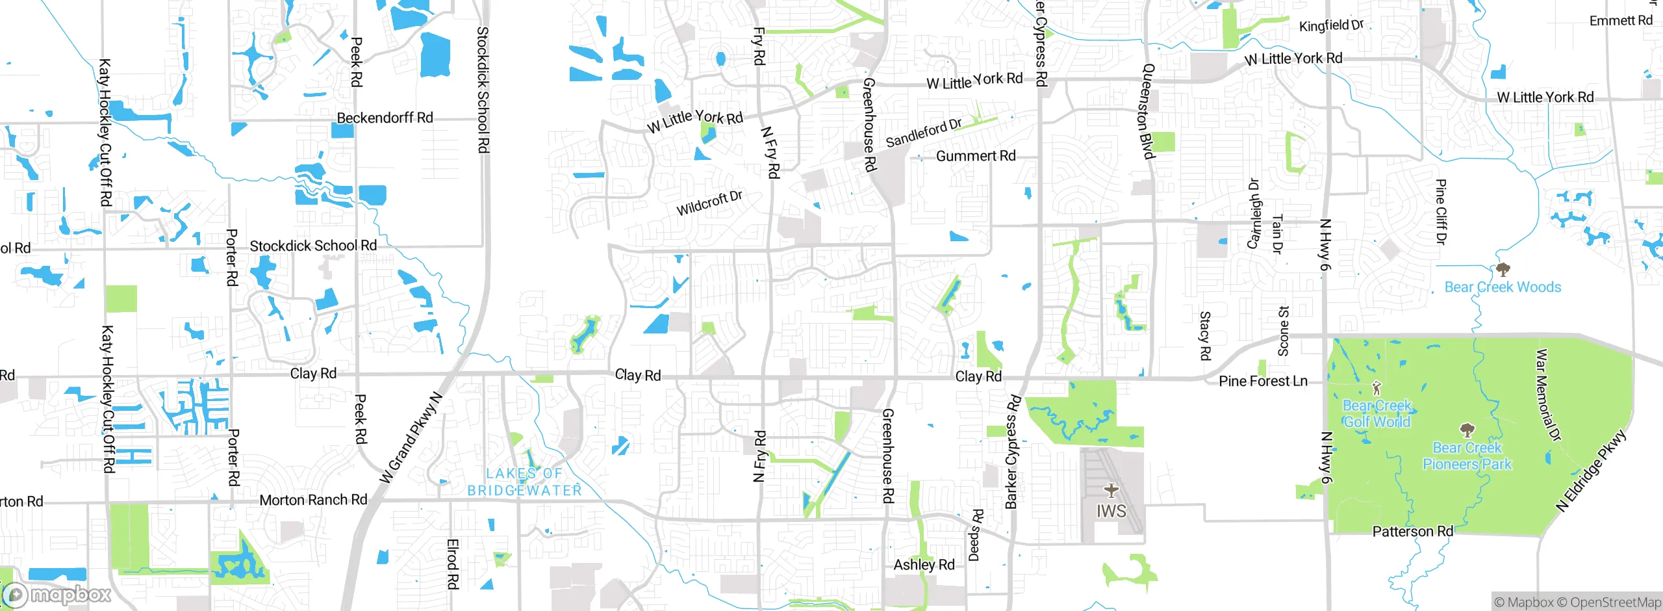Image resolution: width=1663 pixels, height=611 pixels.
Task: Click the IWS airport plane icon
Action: (1111, 490)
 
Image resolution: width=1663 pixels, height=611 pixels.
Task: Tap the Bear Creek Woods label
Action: (1502, 287)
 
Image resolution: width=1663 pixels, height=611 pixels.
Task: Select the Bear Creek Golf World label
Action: (1377, 413)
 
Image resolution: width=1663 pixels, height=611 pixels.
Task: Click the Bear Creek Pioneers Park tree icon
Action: (1467, 430)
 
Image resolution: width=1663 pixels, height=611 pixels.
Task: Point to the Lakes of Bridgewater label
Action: (524, 482)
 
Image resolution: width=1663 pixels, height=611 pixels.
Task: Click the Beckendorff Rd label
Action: (385, 118)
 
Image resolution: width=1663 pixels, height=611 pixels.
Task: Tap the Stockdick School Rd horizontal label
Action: (313, 246)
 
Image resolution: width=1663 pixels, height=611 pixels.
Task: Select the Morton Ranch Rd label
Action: (313, 500)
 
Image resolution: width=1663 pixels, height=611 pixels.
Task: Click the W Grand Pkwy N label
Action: (411, 439)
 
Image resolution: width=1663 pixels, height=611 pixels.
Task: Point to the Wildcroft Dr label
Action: (709, 203)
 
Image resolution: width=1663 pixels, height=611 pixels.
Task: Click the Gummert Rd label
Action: (976, 156)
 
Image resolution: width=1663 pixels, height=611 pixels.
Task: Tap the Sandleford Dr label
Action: (923, 133)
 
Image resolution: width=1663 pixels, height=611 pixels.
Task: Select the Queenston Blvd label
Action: (1148, 111)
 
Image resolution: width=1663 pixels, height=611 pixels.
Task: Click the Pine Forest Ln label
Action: (1263, 381)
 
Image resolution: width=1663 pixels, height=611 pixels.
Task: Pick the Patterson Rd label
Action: (1412, 531)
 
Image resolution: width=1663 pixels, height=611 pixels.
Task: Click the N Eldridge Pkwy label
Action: (1591, 470)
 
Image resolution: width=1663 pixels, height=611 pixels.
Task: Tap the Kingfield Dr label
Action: (1330, 25)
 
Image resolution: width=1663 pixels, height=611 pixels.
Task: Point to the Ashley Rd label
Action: (924, 564)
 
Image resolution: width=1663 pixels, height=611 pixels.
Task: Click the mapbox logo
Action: (57, 594)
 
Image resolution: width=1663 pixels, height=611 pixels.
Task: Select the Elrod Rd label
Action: (453, 564)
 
